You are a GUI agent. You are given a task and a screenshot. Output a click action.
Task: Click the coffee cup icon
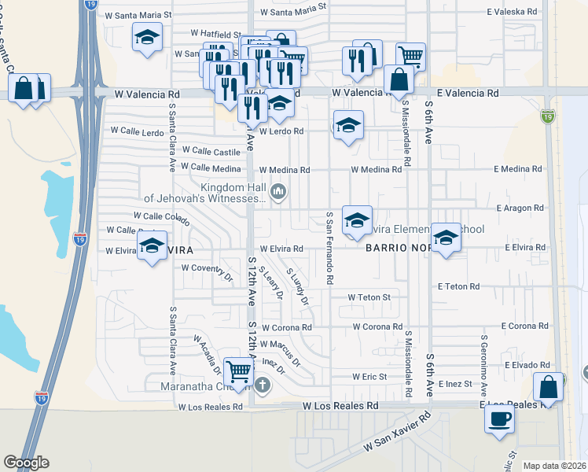coord(499,419)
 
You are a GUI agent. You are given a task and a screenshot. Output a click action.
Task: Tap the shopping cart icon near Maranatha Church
coord(238,371)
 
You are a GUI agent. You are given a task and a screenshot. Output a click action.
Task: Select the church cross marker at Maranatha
coord(263,385)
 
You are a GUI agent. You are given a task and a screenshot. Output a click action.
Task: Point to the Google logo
coord(26,463)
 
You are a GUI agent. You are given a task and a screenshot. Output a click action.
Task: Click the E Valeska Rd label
coord(513,13)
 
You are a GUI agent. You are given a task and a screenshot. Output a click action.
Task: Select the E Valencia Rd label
coord(468,93)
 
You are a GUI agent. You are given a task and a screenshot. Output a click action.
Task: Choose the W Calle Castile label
coord(211,150)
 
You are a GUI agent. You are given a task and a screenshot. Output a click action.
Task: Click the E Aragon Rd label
coord(520,208)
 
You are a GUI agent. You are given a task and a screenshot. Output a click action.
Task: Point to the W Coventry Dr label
coord(208,268)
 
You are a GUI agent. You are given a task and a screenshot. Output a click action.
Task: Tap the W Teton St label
coord(369,297)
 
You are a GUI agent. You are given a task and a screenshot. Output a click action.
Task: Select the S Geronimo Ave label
coord(484,369)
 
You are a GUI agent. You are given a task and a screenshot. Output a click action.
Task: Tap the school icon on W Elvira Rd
coord(152,244)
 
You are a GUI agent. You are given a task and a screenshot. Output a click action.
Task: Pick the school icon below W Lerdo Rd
coord(347,126)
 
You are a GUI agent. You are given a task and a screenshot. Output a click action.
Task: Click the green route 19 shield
coord(548,116)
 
